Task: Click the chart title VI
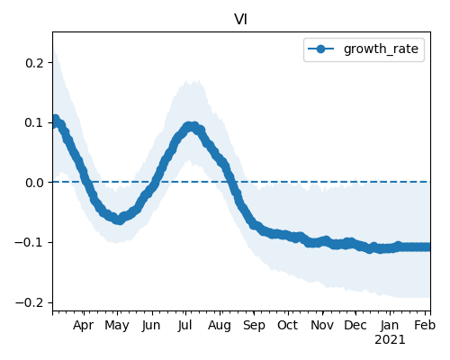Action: [240, 20]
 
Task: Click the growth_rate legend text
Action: [381, 49]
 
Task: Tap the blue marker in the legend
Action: [320, 49]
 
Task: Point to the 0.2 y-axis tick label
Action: [34, 63]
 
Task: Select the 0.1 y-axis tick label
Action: [34, 122]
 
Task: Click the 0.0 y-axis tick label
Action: [34, 183]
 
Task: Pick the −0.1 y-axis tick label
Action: [30, 242]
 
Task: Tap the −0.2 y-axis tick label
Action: [30, 302]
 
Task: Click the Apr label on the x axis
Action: [84, 326]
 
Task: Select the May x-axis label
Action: [117, 326]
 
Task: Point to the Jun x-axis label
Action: [151, 326]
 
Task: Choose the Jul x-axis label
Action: [184, 326]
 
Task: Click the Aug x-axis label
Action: [220, 326]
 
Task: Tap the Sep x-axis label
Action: [254, 326]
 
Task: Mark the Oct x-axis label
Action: [288, 326]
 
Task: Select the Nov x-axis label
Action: [322, 326]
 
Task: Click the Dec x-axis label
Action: [355, 326]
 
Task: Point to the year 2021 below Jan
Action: [390, 340]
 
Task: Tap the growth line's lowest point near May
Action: [120, 220]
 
